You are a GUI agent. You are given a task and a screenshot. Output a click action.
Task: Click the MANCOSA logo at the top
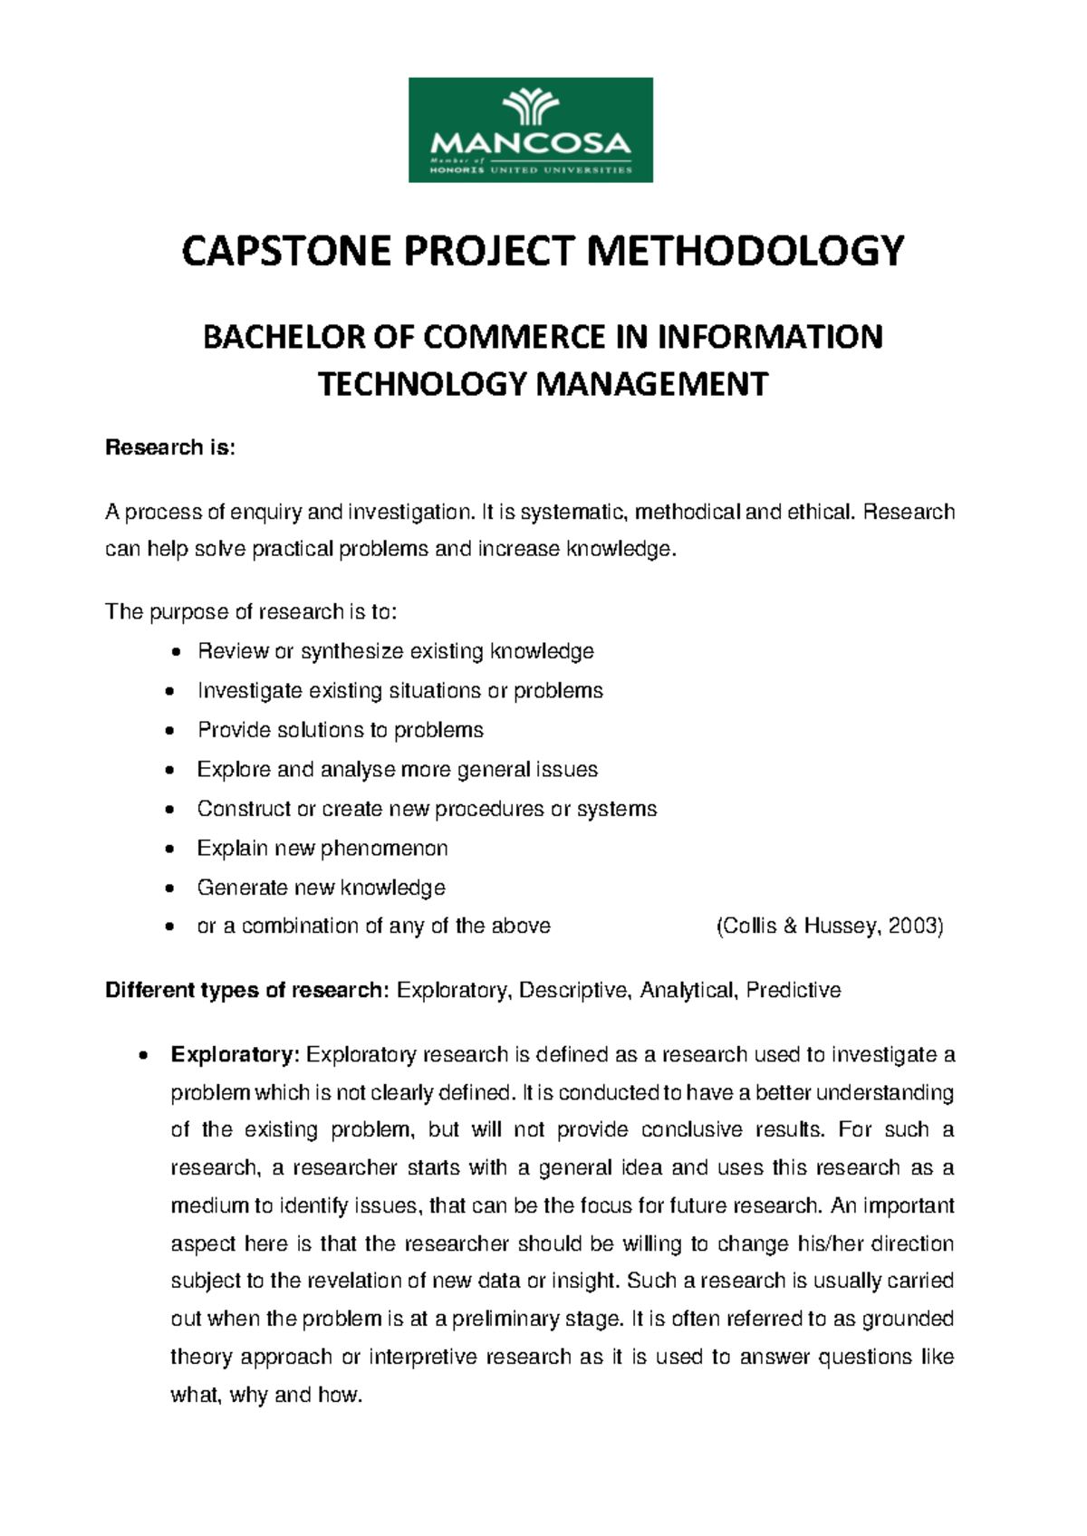530,130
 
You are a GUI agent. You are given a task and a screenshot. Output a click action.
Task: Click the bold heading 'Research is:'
170,447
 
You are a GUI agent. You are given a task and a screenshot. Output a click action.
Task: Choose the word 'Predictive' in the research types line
794,991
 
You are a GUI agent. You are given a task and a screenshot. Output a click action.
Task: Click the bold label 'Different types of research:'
247,991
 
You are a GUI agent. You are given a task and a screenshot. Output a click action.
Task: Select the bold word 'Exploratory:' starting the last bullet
235,1055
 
